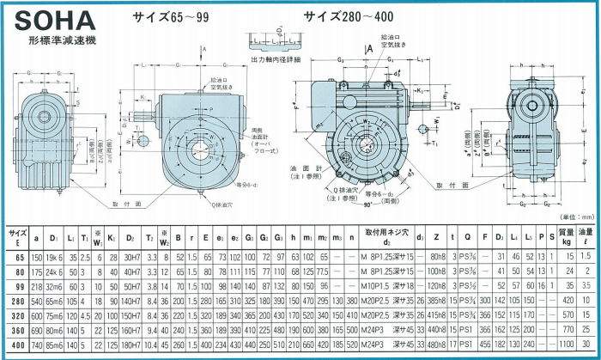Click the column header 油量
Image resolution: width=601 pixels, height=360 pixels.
click(x=586, y=235)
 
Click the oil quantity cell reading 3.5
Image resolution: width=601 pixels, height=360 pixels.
click(x=586, y=282)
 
